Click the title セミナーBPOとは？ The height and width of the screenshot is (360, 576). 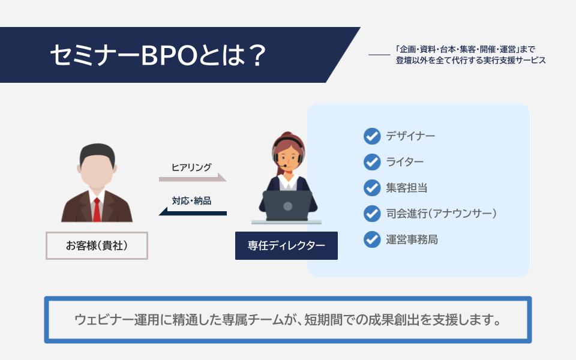158,55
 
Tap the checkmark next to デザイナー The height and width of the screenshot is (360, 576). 372,136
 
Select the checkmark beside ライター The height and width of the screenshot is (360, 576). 372,162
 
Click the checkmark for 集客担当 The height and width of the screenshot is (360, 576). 372,188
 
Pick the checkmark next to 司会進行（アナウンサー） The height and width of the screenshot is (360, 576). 372,214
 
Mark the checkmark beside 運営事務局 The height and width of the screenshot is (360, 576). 372,239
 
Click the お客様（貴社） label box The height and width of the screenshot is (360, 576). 97,246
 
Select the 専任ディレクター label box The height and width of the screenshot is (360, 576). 286,246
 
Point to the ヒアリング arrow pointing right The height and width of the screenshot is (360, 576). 193,178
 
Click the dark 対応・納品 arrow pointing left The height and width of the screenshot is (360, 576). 193,212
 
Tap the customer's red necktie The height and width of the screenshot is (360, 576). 97,210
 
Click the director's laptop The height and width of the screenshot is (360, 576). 287,206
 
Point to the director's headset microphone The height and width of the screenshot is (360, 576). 284,166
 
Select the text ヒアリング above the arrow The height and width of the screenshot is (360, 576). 191,167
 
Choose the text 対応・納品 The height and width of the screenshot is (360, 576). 191,200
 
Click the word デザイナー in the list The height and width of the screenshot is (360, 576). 410,136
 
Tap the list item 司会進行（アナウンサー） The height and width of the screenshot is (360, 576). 441,214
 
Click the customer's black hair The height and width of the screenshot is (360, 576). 97,154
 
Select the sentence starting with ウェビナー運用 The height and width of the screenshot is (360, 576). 287,320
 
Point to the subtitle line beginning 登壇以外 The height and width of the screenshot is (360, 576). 470,60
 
